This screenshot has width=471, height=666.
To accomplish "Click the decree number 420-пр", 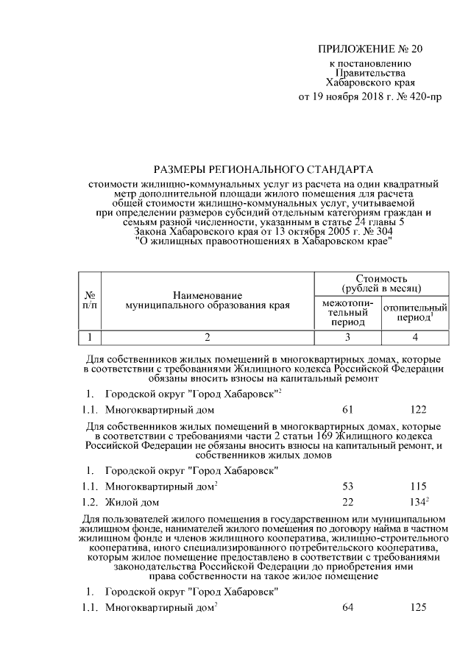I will point(419,96).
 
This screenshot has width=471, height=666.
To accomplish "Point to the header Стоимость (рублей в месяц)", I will point(381,283).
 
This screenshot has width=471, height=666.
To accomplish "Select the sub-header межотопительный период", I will point(348,313).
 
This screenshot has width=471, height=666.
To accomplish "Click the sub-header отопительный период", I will point(415,313).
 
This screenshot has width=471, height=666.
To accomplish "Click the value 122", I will point(416,410).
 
